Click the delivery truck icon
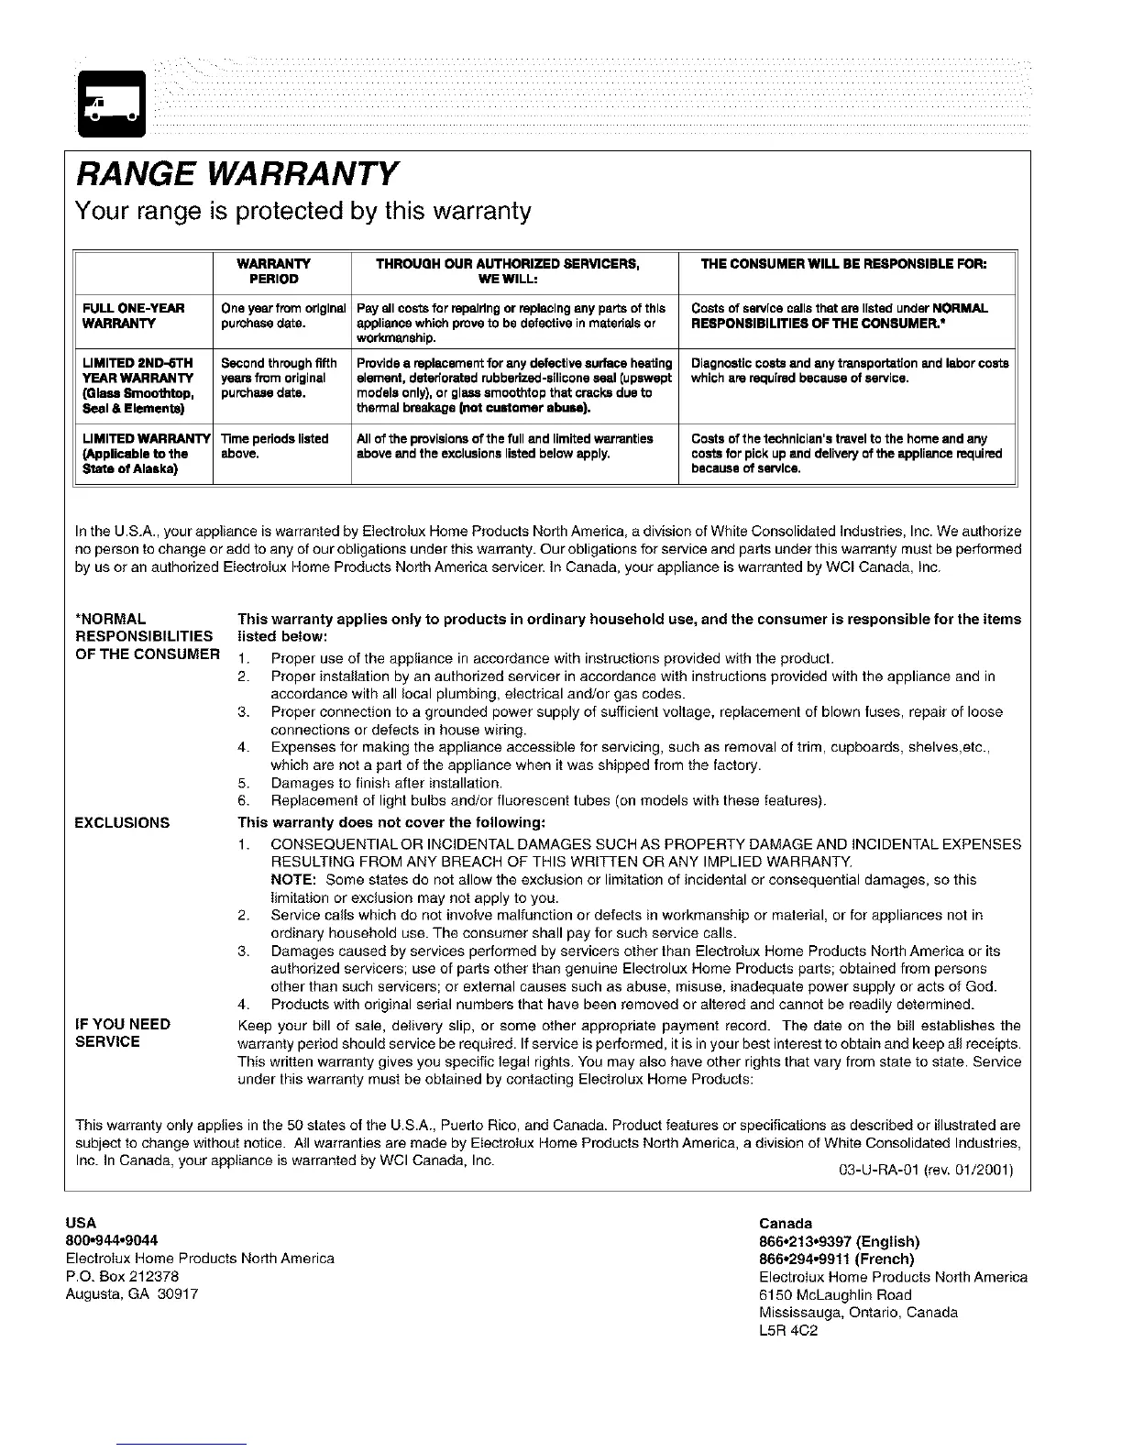click(x=110, y=103)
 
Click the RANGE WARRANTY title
click(x=236, y=172)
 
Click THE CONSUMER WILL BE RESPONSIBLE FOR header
click(x=843, y=264)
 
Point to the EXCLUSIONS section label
click(x=122, y=822)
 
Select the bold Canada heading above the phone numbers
click(x=786, y=1224)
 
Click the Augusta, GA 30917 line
click(x=132, y=1293)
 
